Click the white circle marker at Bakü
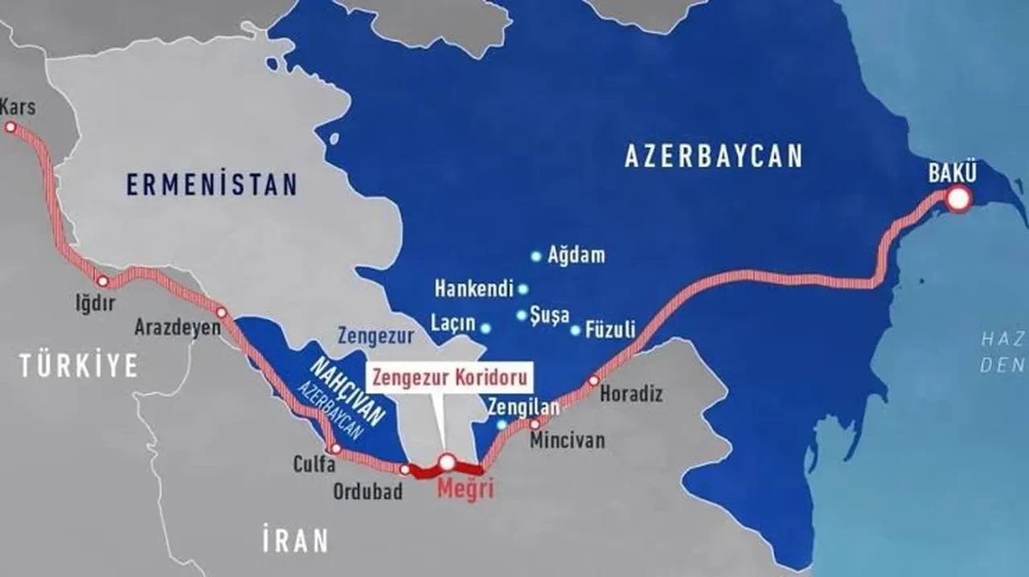tap(958, 199)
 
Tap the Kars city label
tap(18, 107)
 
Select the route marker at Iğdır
tap(103, 281)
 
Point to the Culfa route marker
tap(336, 448)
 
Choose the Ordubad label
tap(368, 492)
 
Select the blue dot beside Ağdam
tap(536, 256)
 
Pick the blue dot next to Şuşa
tap(522, 315)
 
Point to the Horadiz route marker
tap(594, 380)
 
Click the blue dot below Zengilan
tap(502, 424)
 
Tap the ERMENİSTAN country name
tap(211, 184)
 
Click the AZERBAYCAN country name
tap(714, 156)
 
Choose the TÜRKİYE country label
tap(79, 366)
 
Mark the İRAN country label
tap(294, 541)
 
